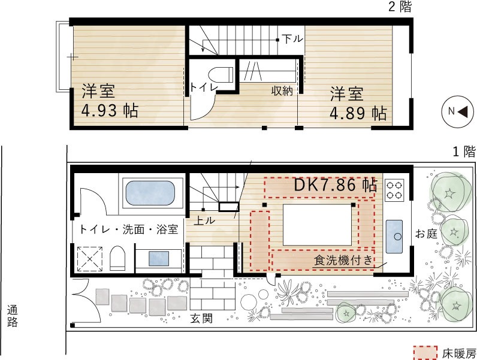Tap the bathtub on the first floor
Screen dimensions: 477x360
[x=150, y=192]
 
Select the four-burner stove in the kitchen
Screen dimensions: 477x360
[x=394, y=190]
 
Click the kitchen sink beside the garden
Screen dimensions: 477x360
[x=394, y=237]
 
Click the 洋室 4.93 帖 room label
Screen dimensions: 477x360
[x=110, y=101]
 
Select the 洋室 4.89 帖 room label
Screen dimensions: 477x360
[x=358, y=104]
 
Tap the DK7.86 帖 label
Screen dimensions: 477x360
[x=336, y=184]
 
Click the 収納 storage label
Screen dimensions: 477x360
[x=282, y=90]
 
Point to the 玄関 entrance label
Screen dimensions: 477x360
[x=201, y=318]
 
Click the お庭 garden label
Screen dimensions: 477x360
[x=426, y=234]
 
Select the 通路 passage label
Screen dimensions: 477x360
[x=13, y=316]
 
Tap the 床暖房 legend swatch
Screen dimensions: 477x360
[x=425, y=353]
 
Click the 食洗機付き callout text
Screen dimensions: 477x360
[x=343, y=261]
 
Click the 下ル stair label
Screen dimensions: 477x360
[x=292, y=38]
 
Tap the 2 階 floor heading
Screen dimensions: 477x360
[x=400, y=7]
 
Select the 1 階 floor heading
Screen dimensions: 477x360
[x=464, y=151]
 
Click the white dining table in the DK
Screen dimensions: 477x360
[x=318, y=225]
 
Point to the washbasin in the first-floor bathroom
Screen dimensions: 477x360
[x=158, y=258]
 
